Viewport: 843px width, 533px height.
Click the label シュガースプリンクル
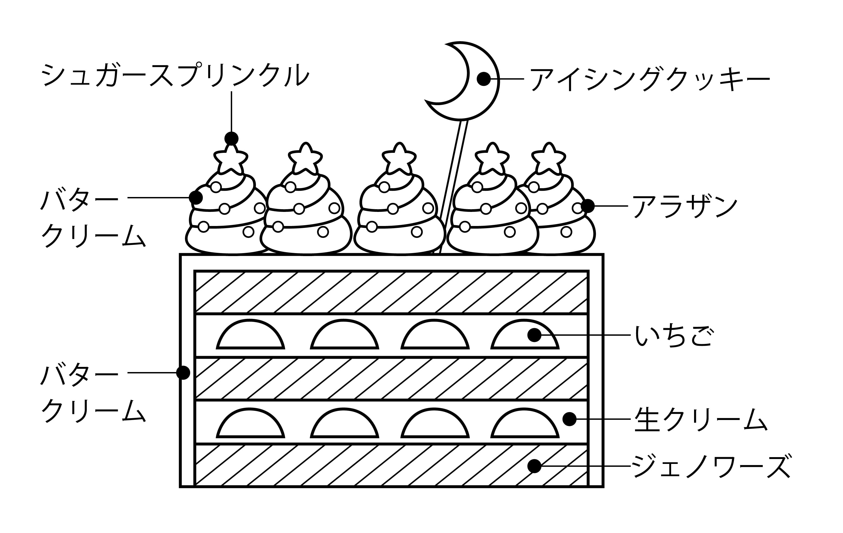[x=175, y=74]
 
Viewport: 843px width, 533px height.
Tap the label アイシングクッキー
[x=649, y=79]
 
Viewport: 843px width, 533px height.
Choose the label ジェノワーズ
[x=711, y=466]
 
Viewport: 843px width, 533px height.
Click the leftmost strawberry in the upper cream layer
[x=250, y=336]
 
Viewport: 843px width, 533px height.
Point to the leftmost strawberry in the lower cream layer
[x=250, y=425]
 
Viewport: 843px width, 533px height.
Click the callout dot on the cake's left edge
[x=183, y=373]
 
